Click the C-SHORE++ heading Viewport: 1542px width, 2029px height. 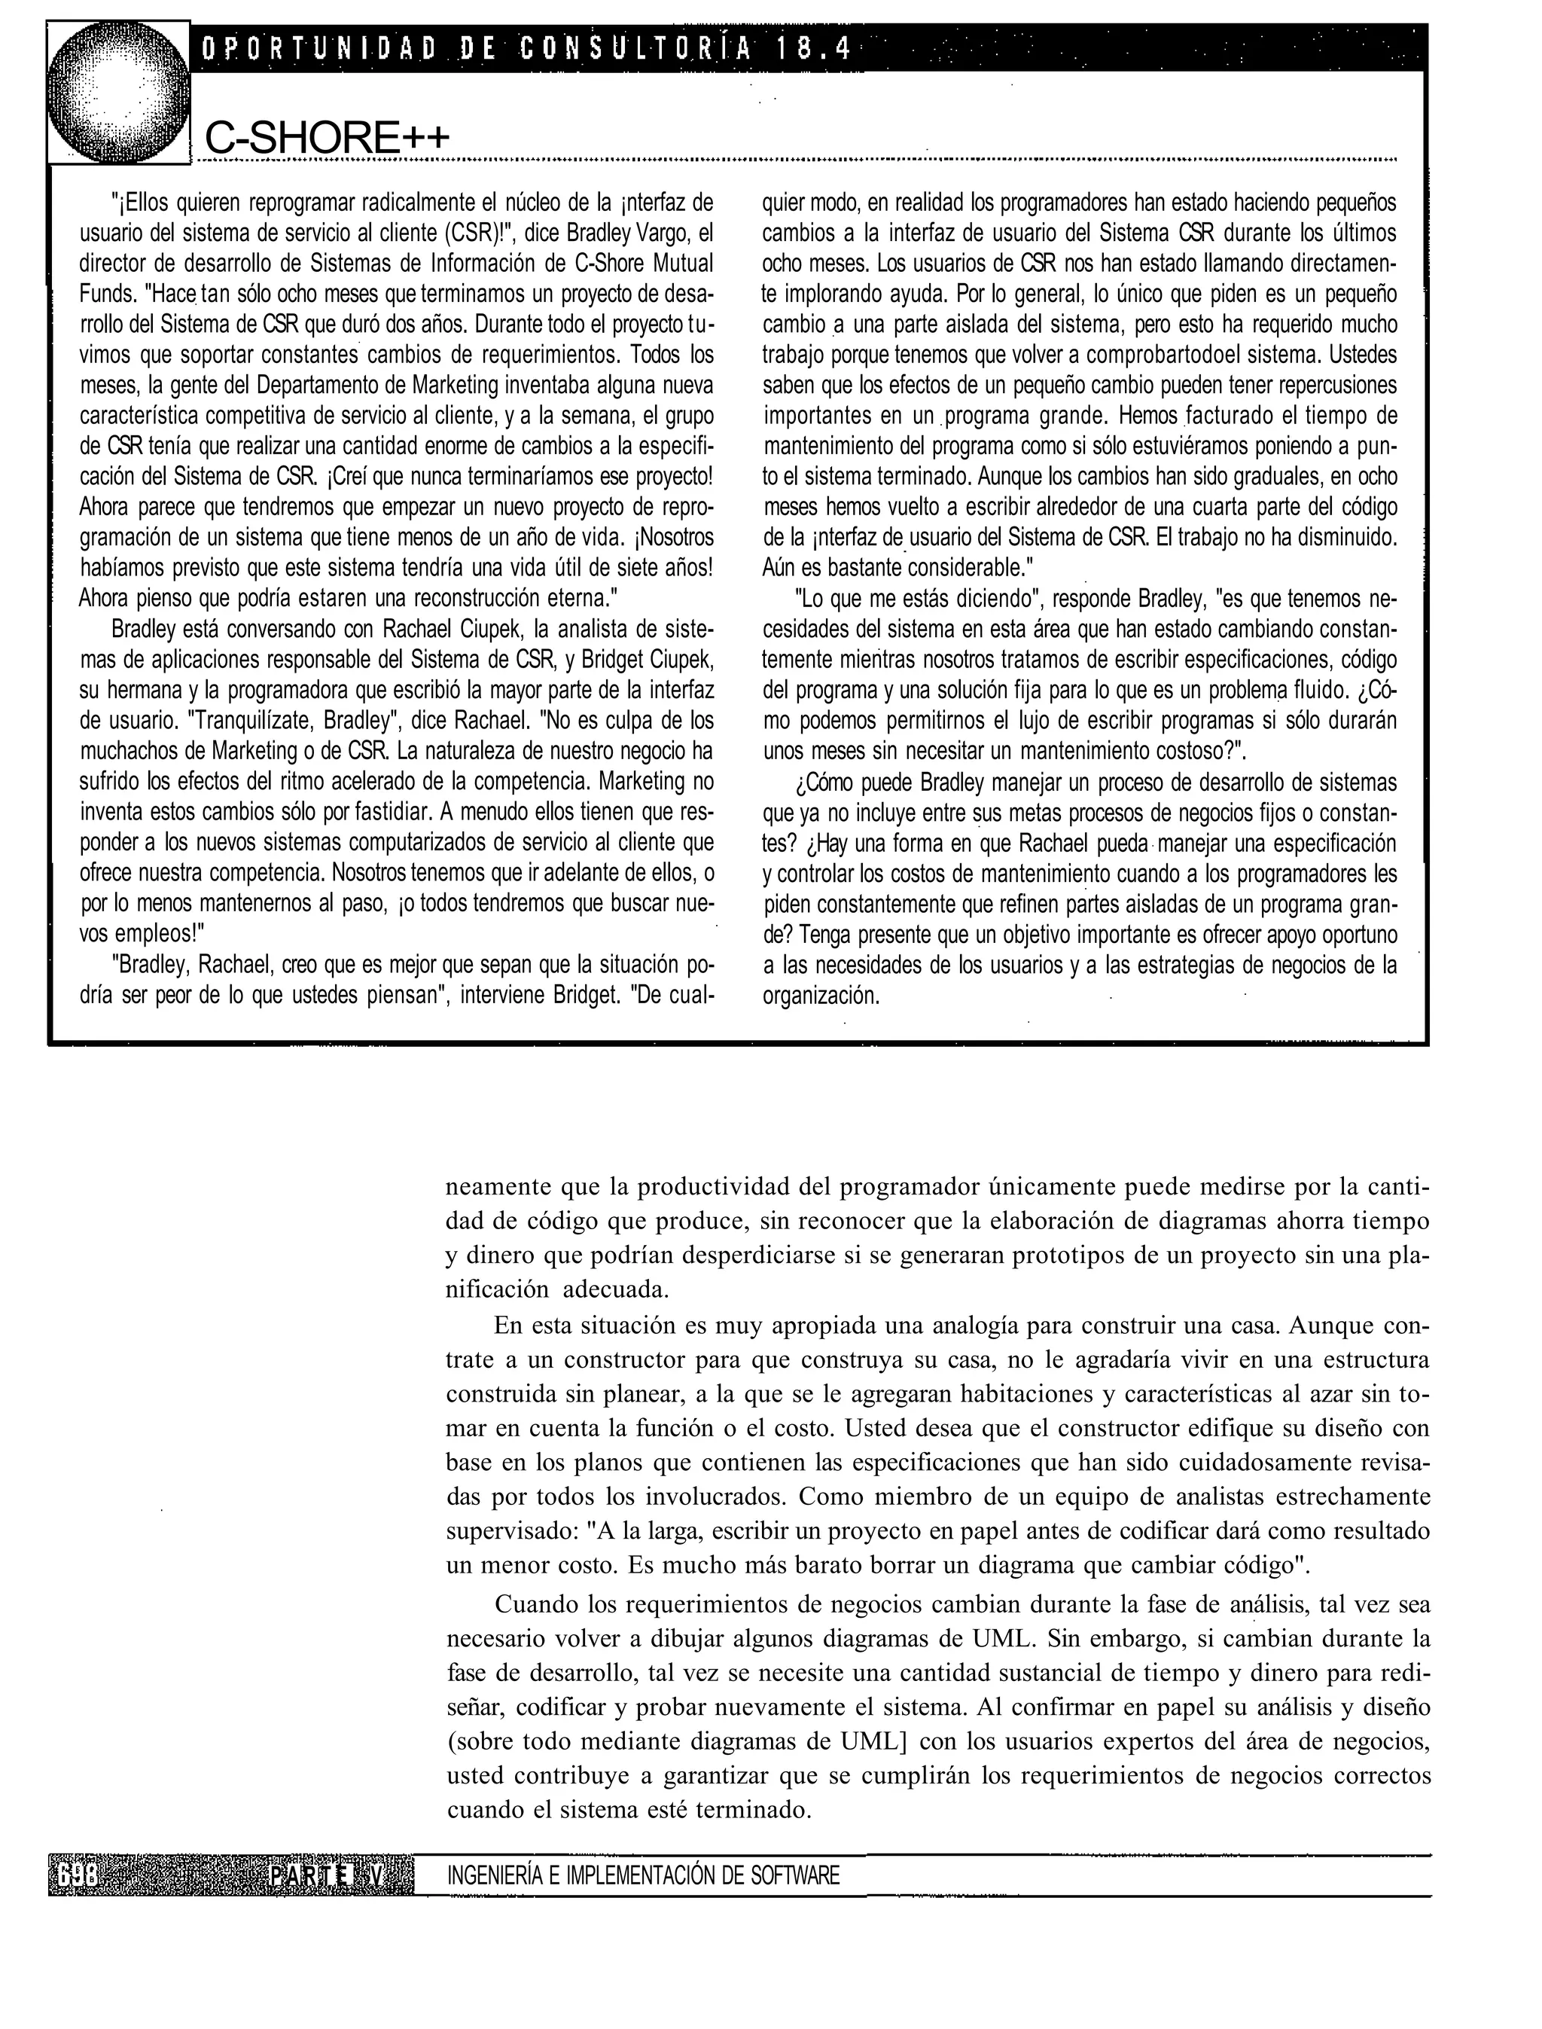(327, 139)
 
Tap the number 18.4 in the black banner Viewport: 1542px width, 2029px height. (813, 47)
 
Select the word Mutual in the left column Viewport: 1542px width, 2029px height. (684, 264)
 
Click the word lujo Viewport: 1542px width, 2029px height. (1019, 721)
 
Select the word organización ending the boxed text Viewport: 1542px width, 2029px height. (821, 996)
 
